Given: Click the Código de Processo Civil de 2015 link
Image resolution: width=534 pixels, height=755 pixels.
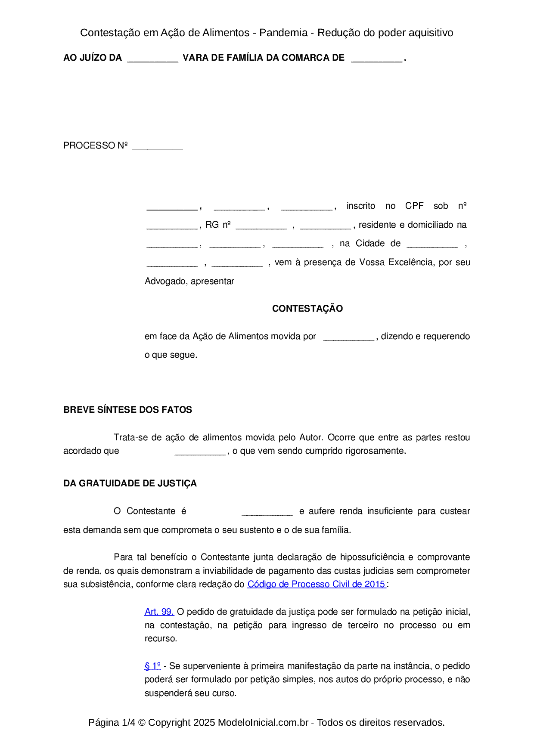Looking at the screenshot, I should (x=317, y=584).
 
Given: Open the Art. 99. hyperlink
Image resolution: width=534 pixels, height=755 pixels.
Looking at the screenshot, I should (x=159, y=612).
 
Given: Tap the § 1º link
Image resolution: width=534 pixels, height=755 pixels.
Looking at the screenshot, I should (x=152, y=666).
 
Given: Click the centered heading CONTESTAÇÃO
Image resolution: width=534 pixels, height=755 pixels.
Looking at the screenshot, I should (x=307, y=309).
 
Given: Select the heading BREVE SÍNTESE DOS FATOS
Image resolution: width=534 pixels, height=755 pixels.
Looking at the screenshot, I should (x=127, y=410).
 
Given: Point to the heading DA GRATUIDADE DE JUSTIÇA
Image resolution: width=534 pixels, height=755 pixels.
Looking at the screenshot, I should (x=130, y=483).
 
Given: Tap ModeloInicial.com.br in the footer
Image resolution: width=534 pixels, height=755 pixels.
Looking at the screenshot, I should (x=263, y=722).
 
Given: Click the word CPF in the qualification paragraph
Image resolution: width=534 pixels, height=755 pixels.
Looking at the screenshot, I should (x=414, y=206).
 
